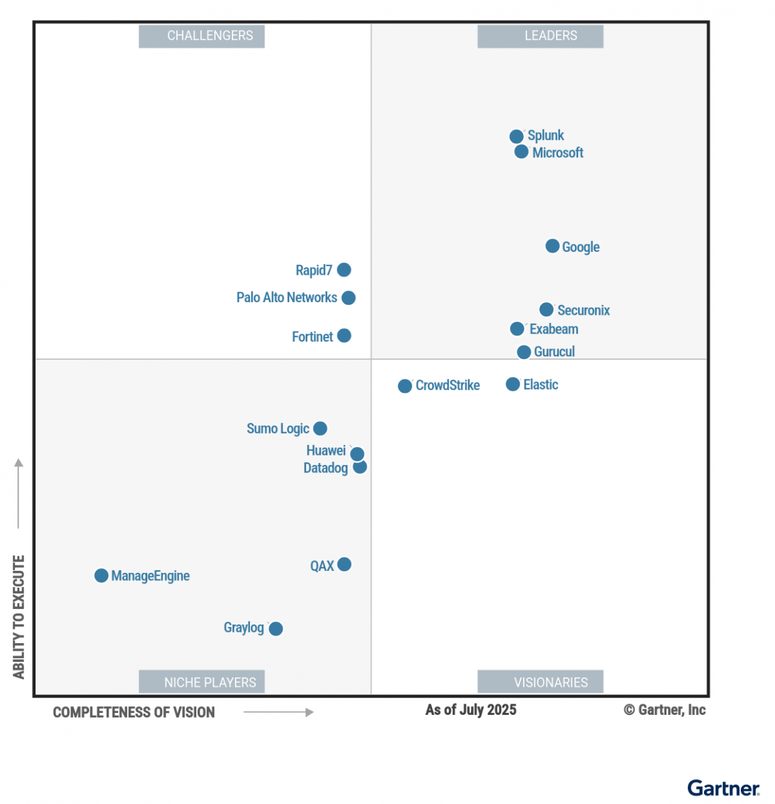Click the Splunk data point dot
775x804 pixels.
(x=516, y=137)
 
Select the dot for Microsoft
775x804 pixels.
(x=521, y=152)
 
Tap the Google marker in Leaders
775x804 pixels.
(x=552, y=247)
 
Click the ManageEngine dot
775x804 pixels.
(x=101, y=576)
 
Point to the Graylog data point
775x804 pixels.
(x=275, y=628)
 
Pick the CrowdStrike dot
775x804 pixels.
(x=405, y=386)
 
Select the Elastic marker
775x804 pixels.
(x=512, y=384)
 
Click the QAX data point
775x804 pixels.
(x=344, y=564)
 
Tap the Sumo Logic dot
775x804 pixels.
(x=320, y=428)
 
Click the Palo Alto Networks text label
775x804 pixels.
(x=287, y=297)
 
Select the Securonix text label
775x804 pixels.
(x=583, y=310)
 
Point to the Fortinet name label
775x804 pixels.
(x=312, y=336)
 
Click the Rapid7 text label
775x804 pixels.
(x=313, y=270)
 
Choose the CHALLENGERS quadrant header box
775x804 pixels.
(x=202, y=36)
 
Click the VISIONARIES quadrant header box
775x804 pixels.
(x=540, y=681)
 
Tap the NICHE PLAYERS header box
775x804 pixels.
(x=202, y=681)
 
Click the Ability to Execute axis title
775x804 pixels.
(x=19, y=616)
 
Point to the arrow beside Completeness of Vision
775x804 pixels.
(x=278, y=712)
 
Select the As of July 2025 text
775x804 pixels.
(x=471, y=710)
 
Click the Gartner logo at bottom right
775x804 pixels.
(x=723, y=788)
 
